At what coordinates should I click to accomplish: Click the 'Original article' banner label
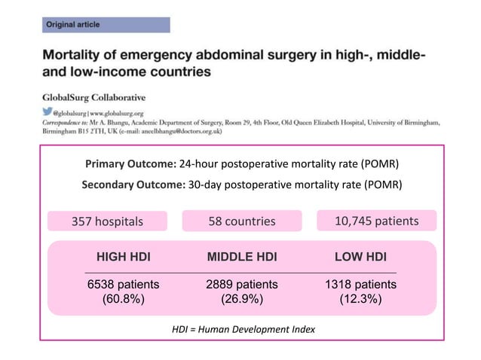coord(73,25)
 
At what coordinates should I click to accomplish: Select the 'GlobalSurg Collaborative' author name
coord(93,97)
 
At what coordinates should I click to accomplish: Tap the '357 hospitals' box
coord(107,221)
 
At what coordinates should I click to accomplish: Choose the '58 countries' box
coord(242,221)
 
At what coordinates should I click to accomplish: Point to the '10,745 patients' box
coord(376,221)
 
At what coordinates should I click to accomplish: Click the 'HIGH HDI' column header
coord(123,258)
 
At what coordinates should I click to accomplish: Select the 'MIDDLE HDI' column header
coord(242,258)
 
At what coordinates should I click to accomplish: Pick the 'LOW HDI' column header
coord(360,258)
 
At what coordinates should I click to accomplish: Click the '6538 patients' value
coord(123,285)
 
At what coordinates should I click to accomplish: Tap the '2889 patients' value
coord(242,285)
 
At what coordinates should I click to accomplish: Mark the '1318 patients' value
coord(360,285)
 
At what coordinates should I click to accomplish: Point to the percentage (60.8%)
coord(123,299)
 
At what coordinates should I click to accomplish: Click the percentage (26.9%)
coord(242,299)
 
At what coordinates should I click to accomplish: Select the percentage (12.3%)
coord(360,299)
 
